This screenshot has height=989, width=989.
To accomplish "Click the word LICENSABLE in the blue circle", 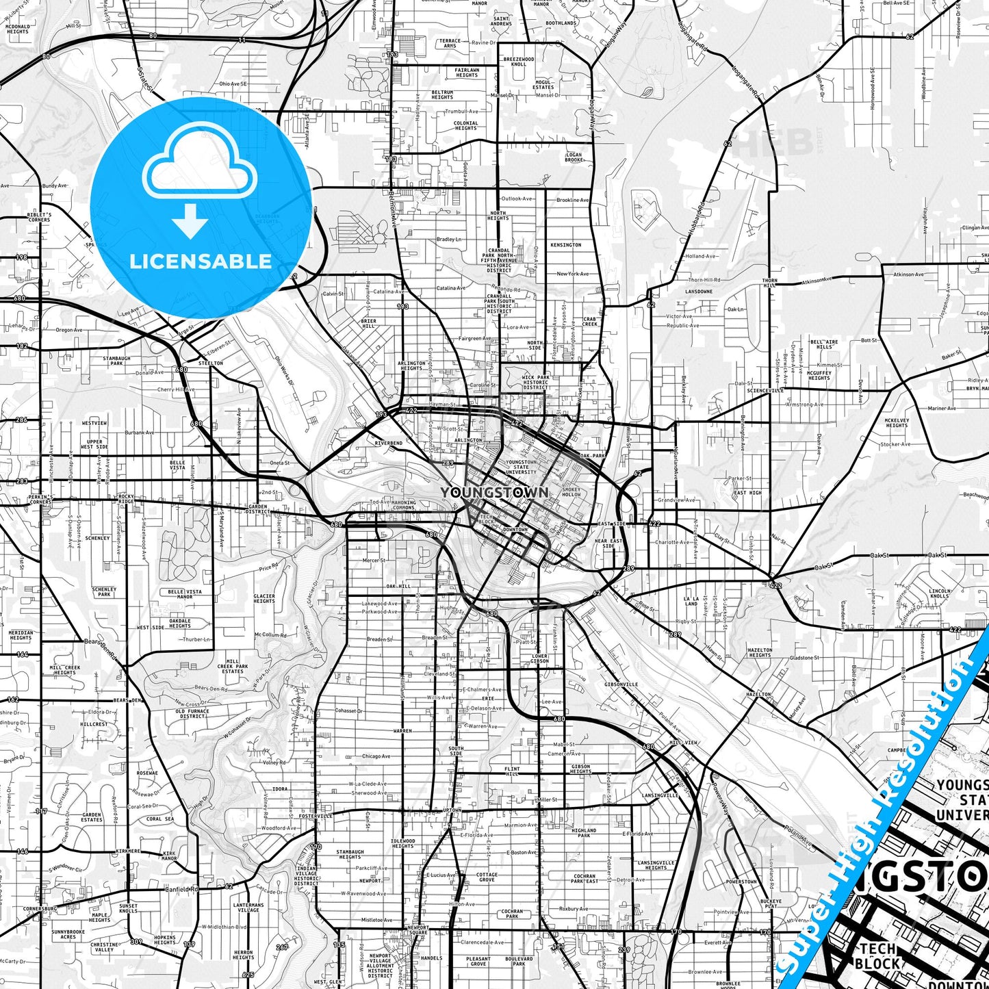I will point(201,261).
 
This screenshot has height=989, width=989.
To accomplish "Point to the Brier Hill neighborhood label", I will point(368,323).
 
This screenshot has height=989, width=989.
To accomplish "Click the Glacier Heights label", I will point(264,598).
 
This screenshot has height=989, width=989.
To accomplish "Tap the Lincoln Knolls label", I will point(939,593).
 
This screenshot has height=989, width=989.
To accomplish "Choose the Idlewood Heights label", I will point(402,843).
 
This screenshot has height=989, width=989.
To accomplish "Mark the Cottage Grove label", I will point(487,877).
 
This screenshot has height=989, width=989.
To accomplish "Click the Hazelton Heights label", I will point(760,652).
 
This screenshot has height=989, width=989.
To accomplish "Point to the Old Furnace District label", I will point(192,714).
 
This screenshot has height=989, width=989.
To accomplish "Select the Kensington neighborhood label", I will point(566,244).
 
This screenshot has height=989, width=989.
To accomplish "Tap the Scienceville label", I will point(765,390).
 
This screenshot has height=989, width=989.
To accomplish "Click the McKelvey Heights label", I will point(897,422).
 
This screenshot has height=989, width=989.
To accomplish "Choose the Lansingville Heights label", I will point(656,865).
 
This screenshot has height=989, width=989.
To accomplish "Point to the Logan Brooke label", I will point(574,157).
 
